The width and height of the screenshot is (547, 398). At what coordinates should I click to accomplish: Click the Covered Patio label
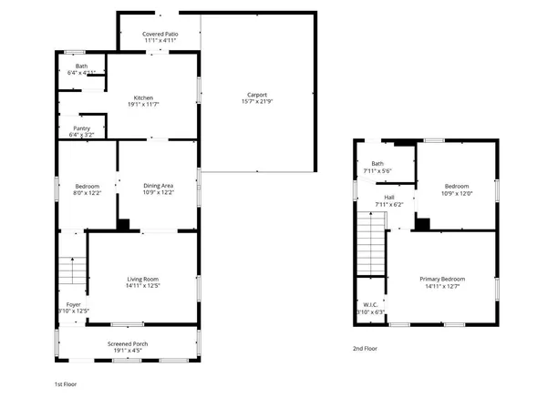pyautogui.click(x=160, y=34)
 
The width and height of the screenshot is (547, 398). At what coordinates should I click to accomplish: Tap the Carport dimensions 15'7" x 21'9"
pyautogui.click(x=259, y=101)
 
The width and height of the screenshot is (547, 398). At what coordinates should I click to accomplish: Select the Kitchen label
pyautogui.click(x=143, y=98)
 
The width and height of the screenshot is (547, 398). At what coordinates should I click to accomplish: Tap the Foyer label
pyautogui.click(x=73, y=304)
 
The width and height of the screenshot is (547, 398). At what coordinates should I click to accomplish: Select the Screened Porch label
pyautogui.click(x=128, y=342)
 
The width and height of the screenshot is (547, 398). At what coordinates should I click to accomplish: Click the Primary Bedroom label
pyautogui.click(x=442, y=279)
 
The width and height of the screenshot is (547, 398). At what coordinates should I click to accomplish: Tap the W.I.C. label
pyautogui.click(x=371, y=305)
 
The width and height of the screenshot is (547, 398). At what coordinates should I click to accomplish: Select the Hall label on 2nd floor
pyautogui.click(x=389, y=197)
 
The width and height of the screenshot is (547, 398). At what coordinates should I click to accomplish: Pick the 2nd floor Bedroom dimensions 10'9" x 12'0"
pyautogui.click(x=457, y=193)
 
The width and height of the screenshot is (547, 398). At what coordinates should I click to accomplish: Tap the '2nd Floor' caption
pyautogui.click(x=365, y=348)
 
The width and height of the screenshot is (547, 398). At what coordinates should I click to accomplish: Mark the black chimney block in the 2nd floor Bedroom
pyautogui.click(x=422, y=222)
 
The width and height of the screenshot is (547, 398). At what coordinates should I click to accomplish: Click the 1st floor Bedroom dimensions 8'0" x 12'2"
pyautogui.click(x=87, y=193)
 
